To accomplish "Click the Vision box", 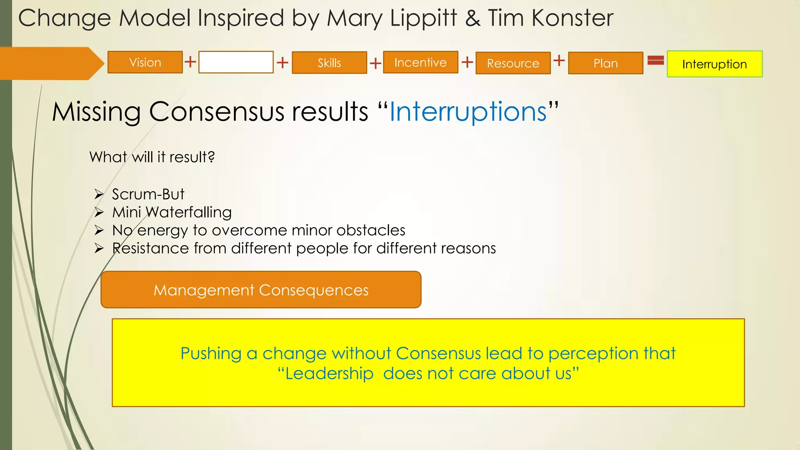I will coord(145,62).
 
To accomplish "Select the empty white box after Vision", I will coord(236,62).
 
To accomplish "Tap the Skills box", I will coord(329,63).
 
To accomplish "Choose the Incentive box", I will coord(420,62).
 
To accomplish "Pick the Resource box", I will coord(513,63).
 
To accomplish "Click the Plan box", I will coord(605,63).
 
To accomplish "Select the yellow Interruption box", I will coord(714,64).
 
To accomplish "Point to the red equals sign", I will coord(655,60).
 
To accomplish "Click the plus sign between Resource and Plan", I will coord(559,60).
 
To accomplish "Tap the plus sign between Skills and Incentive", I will coord(375,63).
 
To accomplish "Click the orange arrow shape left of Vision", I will coord(51,63).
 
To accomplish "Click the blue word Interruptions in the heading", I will coord(468,112).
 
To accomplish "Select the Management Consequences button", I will coord(261,290).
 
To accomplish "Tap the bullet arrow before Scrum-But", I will coord(99,194).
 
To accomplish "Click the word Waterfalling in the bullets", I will coord(189,212).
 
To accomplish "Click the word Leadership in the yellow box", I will coord(329,374).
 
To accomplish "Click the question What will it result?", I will coord(152,157).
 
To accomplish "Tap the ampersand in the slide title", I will coord(473,18).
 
